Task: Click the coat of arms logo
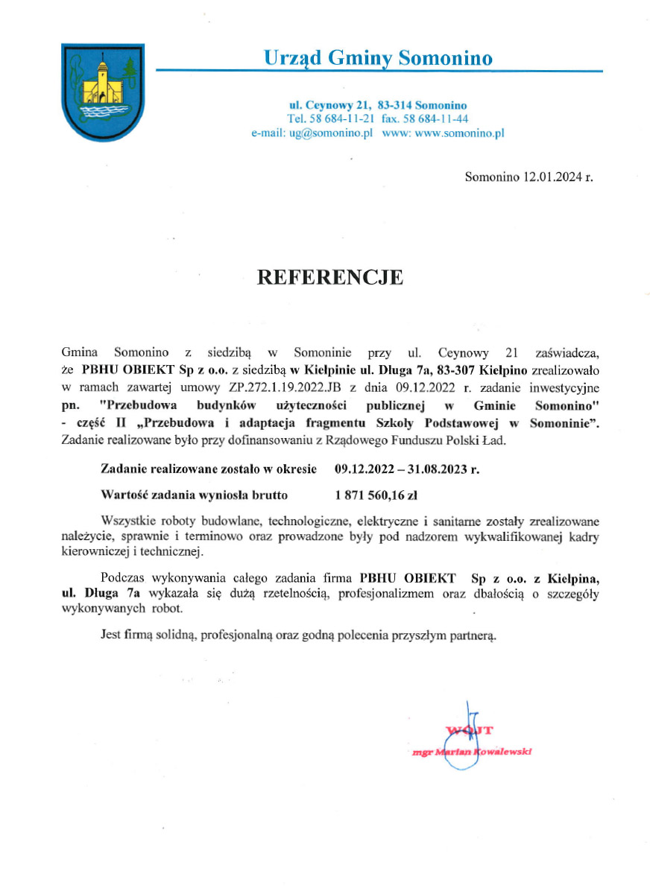click(102, 91)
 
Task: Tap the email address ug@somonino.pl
click(330, 133)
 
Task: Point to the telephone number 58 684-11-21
click(341, 118)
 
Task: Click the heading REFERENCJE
click(329, 278)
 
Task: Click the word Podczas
click(122, 577)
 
